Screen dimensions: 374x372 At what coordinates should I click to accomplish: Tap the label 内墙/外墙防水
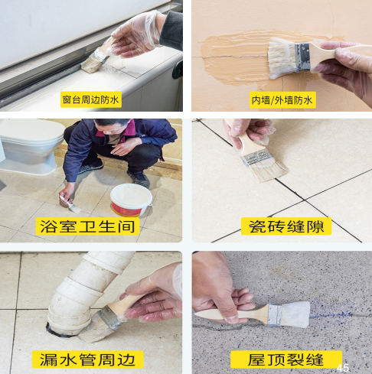(x=279, y=100)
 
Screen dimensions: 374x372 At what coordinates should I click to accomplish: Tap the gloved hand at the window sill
(x=138, y=34)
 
